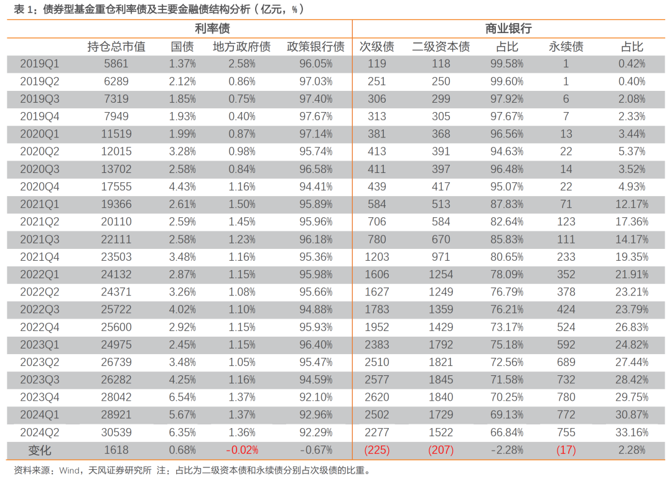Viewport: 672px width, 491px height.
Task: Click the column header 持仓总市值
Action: pyautogui.click(x=116, y=47)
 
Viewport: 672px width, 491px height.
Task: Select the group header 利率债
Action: pyautogui.click(x=212, y=29)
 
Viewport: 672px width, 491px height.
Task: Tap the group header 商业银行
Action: pyautogui.click(x=508, y=29)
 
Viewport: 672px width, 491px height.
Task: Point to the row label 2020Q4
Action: pyautogui.click(x=39, y=187)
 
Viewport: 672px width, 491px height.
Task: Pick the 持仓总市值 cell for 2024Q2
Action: pyautogui.click(x=116, y=433)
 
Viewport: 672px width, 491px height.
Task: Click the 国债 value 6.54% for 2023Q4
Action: pyautogui.click(x=182, y=398)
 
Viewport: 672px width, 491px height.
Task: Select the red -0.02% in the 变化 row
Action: pyautogui.click(x=242, y=451)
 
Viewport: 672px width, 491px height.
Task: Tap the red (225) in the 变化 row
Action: pyautogui.click(x=376, y=451)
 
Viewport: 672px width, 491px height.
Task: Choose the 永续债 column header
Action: pyautogui.click(x=566, y=47)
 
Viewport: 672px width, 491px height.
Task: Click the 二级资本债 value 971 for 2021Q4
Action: pyautogui.click(x=441, y=257)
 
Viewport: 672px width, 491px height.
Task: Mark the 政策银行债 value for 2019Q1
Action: pyautogui.click(x=316, y=64)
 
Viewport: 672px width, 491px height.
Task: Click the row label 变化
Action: pyautogui.click(x=39, y=451)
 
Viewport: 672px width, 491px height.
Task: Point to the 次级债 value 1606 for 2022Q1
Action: pyautogui.click(x=376, y=274)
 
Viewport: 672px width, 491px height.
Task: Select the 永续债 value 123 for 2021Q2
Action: pyautogui.click(x=566, y=222)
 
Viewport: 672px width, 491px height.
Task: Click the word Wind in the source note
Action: pyautogui.click(x=69, y=471)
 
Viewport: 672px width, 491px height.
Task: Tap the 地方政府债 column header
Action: pyautogui.click(x=241, y=47)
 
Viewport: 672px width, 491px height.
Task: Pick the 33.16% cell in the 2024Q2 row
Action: pyautogui.click(x=632, y=433)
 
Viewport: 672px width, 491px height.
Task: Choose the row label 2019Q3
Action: pyautogui.click(x=39, y=99)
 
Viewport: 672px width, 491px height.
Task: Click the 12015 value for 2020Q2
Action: pyautogui.click(x=116, y=152)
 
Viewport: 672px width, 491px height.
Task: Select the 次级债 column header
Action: pyautogui.click(x=376, y=47)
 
